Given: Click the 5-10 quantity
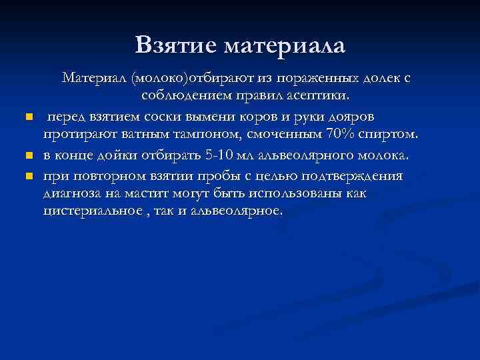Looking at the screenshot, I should click(202, 155).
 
